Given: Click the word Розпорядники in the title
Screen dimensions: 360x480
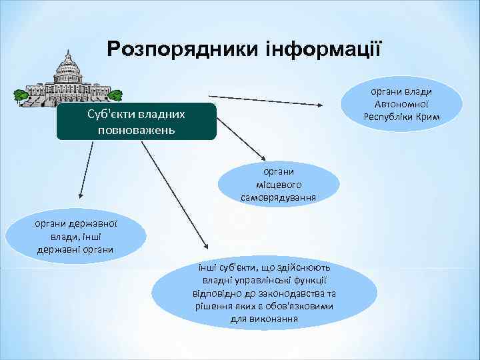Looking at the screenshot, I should (x=182, y=49).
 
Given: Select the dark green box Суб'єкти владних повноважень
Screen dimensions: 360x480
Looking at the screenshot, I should (x=136, y=121).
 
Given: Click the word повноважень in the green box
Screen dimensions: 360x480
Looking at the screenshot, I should (x=136, y=128).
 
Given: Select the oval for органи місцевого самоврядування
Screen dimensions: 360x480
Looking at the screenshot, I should (x=279, y=183).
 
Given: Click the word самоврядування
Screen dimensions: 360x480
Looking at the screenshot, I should (x=279, y=197).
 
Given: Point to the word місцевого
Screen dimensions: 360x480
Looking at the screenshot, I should (x=279, y=184).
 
